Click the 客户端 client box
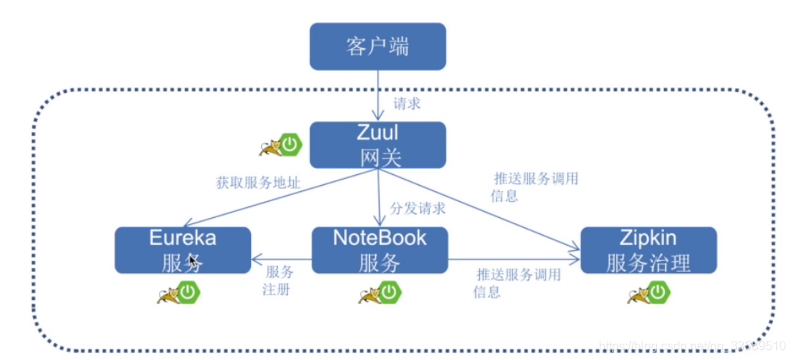(377, 46)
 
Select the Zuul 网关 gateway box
(377, 144)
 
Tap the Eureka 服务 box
(183, 250)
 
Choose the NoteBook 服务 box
(379, 250)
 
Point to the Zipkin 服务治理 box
(648, 250)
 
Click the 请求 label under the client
(406, 103)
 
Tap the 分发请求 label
(418, 208)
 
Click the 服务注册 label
(279, 282)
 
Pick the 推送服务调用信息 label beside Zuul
(534, 187)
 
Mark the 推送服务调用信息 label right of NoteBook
(518, 282)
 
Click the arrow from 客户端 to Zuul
(378, 95)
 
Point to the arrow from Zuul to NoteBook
(378, 197)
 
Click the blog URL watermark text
(683, 345)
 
